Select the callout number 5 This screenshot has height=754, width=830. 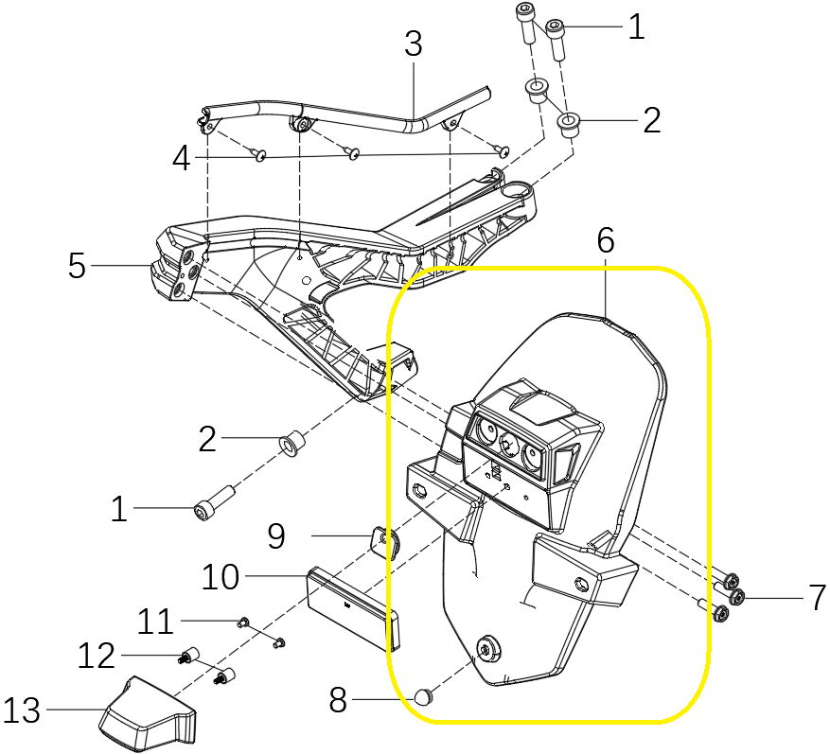[77, 266]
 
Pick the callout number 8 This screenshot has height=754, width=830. [338, 701]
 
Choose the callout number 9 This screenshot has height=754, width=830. [275, 536]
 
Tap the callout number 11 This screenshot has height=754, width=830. [155, 622]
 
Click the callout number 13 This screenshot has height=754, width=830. [22, 710]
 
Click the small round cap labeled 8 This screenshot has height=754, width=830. [423, 698]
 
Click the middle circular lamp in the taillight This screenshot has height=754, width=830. [510, 446]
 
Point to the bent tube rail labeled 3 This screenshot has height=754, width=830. [360, 118]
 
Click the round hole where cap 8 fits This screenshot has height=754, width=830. [489, 649]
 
